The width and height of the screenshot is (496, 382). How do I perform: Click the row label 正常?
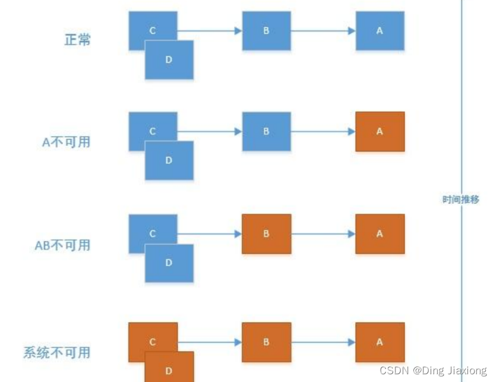77,40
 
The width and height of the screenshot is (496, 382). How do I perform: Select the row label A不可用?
66,142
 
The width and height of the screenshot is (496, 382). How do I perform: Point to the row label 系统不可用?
56,352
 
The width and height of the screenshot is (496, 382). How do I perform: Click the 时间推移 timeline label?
460,200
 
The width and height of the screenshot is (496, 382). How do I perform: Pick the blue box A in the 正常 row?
380,31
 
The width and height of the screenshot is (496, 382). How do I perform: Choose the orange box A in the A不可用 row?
380,131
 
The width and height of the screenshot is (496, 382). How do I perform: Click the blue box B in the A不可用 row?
266,131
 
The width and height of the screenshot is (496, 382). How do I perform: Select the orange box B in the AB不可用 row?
266,234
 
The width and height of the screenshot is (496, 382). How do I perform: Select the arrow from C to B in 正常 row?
210,31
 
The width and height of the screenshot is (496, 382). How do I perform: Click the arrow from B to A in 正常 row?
323,31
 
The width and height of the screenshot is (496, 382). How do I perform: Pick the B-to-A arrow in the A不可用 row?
323,131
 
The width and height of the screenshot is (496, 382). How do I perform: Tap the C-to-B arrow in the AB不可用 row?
210,234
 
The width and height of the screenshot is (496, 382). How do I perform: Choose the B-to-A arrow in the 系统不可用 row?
323,342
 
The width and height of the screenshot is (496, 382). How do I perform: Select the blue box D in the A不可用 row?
169,161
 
